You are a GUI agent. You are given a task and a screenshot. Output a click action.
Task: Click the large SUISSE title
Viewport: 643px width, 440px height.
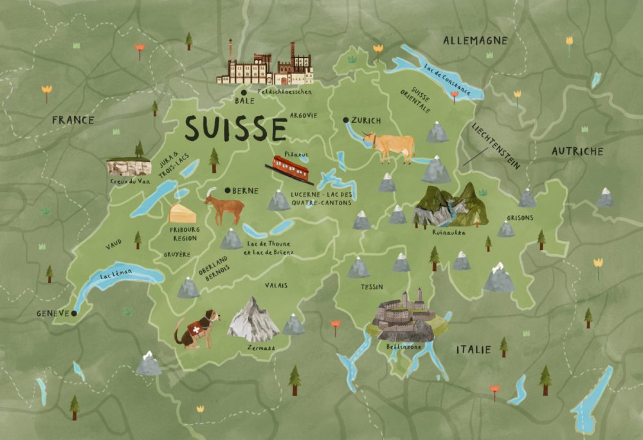pos(235,129)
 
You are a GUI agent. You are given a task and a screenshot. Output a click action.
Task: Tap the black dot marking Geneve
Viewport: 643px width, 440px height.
pos(74,313)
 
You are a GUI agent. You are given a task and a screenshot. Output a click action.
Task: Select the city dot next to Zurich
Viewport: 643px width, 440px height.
pos(346,120)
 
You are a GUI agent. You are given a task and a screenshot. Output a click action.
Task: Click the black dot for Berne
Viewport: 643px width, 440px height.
pos(228,190)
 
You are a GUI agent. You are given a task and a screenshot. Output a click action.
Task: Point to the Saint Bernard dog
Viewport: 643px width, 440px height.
pos(197,329)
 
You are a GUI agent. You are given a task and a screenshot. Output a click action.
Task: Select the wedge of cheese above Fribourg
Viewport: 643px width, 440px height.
pos(183,214)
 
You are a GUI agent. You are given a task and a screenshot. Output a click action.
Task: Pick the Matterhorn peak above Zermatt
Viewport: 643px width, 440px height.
pos(253,320)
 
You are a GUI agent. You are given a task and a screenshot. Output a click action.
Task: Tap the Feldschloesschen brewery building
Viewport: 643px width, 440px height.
pos(264,67)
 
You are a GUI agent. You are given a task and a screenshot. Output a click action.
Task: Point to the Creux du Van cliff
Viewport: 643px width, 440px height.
pos(125,167)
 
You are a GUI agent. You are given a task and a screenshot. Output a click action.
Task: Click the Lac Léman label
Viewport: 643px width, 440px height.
pos(116,277)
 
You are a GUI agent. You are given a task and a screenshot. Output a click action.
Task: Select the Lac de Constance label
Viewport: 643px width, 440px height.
pos(446,80)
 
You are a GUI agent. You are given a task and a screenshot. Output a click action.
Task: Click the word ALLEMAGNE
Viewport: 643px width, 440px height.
pos(475,41)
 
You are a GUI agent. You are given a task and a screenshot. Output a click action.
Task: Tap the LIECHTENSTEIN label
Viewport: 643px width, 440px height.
pos(497,146)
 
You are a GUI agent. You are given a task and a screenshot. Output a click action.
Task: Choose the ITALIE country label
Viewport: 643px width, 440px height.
pos(473,350)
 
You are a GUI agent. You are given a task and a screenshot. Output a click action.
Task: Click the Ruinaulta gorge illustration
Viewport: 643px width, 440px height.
pos(449,206)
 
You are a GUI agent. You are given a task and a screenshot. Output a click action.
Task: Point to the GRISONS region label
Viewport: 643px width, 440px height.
pos(520,217)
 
